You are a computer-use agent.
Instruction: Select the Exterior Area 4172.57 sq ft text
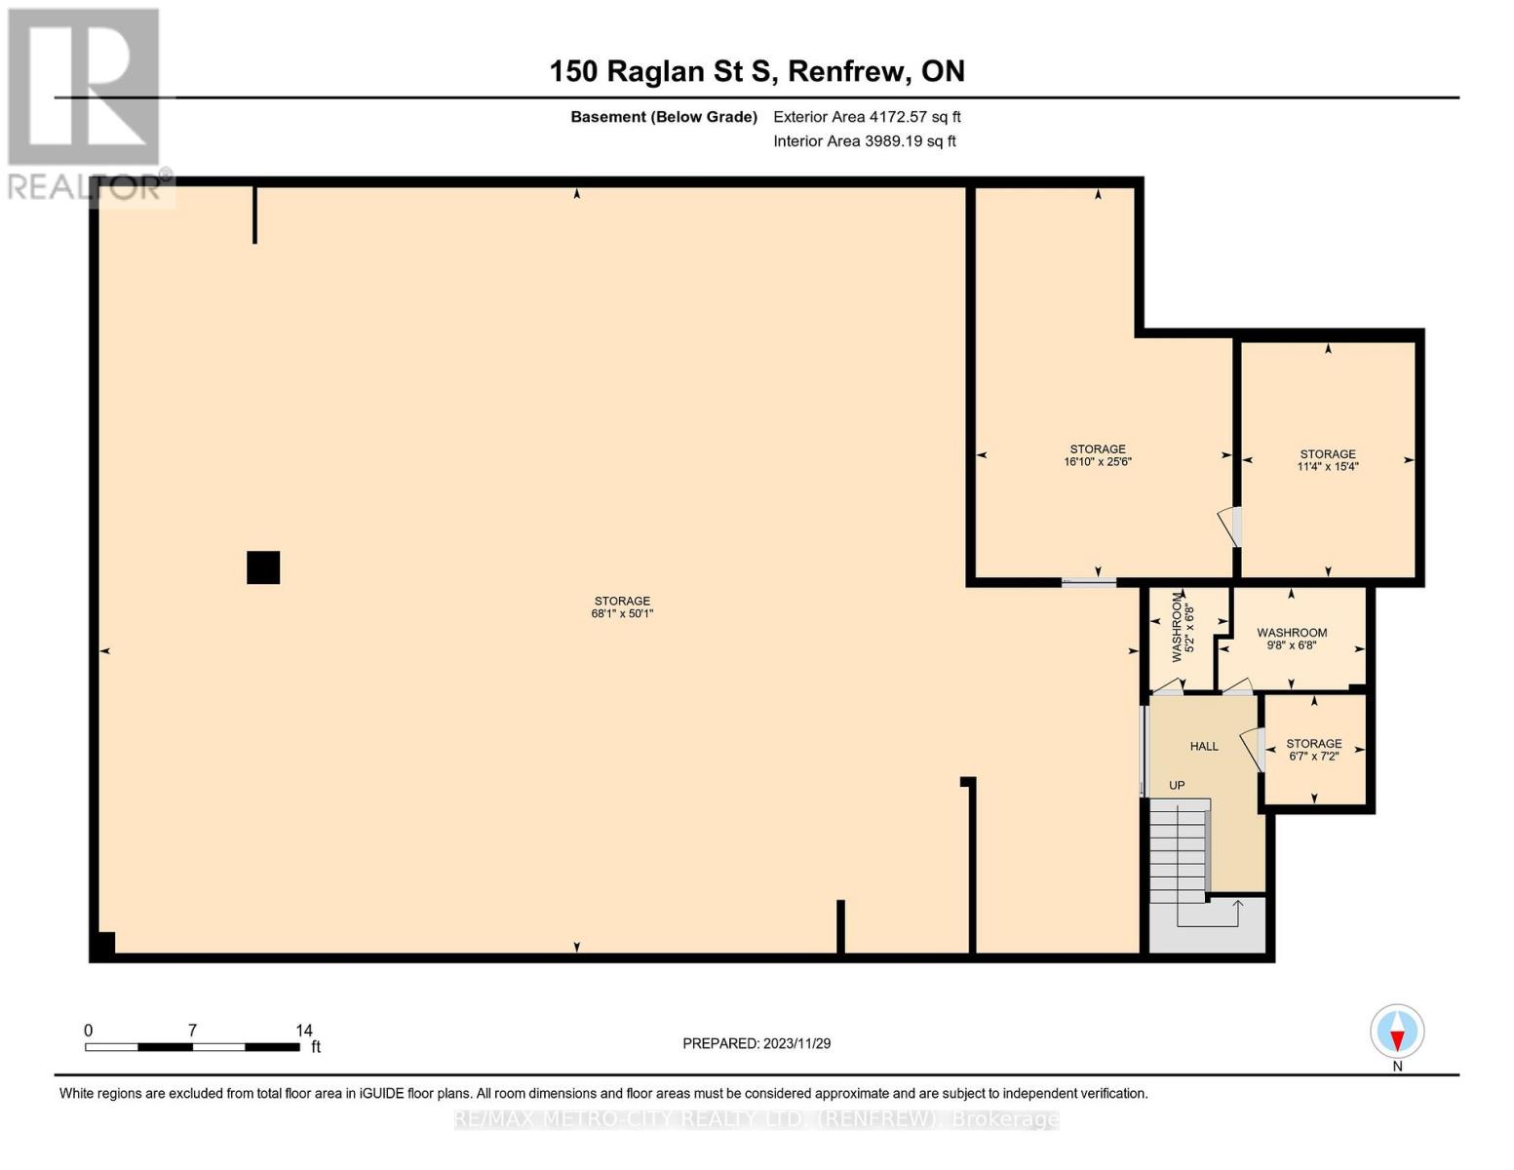click(x=867, y=117)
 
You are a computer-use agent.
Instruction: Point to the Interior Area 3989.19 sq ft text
click(x=864, y=141)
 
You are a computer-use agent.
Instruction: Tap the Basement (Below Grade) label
click(x=663, y=117)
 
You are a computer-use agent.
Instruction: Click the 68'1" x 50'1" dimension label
click(x=622, y=614)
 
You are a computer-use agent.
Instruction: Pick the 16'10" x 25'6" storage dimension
click(x=1098, y=462)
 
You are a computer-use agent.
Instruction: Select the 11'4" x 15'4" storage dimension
click(x=1327, y=467)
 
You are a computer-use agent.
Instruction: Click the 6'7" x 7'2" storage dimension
click(x=1313, y=757)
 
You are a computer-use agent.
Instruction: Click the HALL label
click(x=1204, y=747)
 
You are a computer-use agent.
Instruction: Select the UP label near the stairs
click(x=1177, y=786)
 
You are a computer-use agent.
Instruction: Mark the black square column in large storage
click(x=263, y=567)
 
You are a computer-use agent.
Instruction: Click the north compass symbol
click(x=1397, y=1032)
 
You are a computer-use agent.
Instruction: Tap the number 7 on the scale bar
click(x=192, y=1031)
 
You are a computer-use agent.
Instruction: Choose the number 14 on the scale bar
click(x=304, y=1031)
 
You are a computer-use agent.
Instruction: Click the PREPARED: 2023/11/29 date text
click(x=757, y=1044)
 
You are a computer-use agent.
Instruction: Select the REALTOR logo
click(x=84, y=102)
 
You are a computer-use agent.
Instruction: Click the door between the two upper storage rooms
click(x=1233, y=526)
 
